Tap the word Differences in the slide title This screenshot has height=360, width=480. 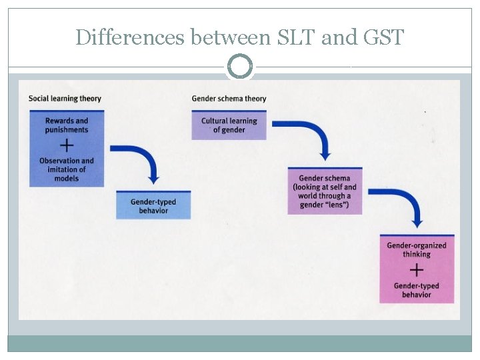pyautogui.click(x=131, y=37)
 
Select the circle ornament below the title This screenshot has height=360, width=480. pyautogui.click(x=240, y=67)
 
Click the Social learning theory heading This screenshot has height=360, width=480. pyautogui.click(x=65, y=99)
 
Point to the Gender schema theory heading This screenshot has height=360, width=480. pyautogui.click(x=229, y=99)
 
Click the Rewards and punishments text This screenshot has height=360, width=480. pyautogui.click(x=67, y=125)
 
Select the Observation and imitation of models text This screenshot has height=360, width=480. pyautogui.click(x=67, y=169)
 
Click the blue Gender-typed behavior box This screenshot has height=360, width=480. pyautogui.click(x=153, y=205)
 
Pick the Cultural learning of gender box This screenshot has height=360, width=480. pyautogui.click(x=229, y=125)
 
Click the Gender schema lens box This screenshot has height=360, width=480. pyautogui.click(x=325, y=191)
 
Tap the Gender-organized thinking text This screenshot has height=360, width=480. pyautogui.click(x=417, y=249)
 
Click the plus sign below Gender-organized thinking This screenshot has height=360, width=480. pyautogui.click(x=417, y=269)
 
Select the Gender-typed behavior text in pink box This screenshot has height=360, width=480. pyautogui.click(x=417, y=290)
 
